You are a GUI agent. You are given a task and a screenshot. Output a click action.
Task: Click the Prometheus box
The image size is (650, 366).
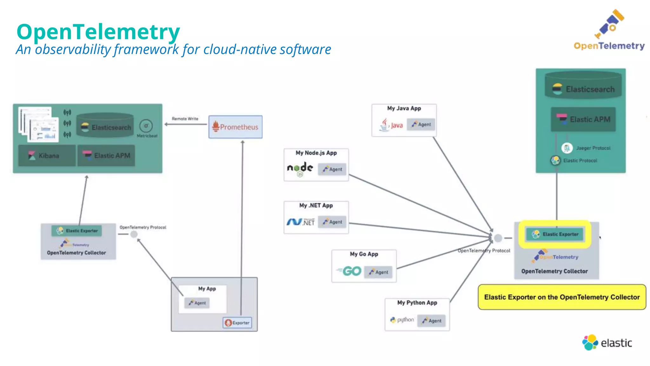235,127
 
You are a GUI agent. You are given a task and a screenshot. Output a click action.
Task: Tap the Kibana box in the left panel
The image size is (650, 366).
47,155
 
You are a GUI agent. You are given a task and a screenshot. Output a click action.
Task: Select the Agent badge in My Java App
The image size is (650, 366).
421,125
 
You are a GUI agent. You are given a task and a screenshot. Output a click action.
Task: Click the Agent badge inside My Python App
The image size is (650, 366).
432,321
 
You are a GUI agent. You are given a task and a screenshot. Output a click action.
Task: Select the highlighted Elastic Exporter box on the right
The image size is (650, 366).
555,234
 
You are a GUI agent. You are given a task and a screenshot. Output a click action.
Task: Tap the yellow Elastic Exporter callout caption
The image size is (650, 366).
562,297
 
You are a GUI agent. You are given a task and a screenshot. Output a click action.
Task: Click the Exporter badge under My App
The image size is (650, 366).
237,323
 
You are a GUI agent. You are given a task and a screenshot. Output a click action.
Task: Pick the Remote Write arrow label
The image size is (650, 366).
185,119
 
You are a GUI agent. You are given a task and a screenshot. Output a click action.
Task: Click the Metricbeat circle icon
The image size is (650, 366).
146,126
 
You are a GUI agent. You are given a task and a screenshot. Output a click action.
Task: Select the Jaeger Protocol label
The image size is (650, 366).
593,148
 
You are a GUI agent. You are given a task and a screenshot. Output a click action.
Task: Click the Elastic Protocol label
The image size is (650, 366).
580,160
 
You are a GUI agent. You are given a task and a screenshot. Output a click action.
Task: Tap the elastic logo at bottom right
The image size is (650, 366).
607,342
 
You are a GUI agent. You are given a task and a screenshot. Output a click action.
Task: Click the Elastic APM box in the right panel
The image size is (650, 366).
583,119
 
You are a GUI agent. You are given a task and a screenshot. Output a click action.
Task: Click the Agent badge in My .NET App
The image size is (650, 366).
332,222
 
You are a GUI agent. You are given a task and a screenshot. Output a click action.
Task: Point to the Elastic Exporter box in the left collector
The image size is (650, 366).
77,231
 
